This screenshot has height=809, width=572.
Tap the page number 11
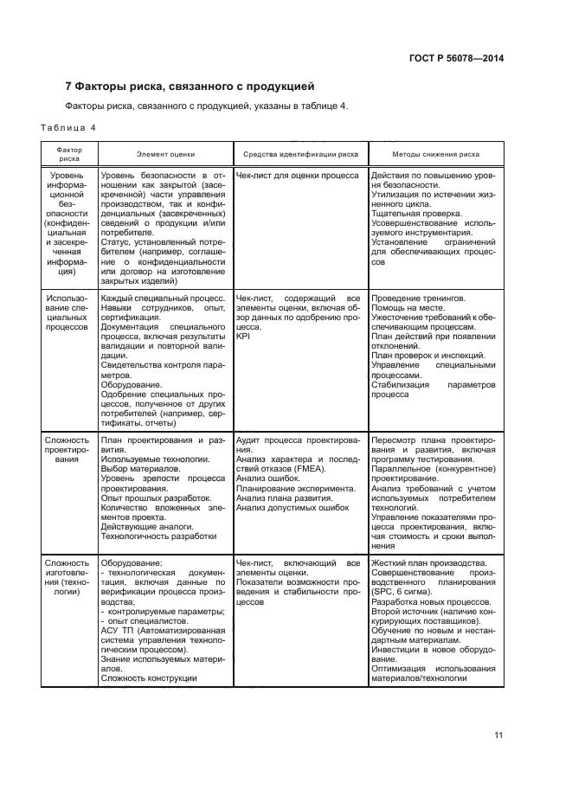[x=498, y=735]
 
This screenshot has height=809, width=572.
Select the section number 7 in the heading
[x=69, y=87]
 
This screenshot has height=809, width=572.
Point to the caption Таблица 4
[x=68, y=128]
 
